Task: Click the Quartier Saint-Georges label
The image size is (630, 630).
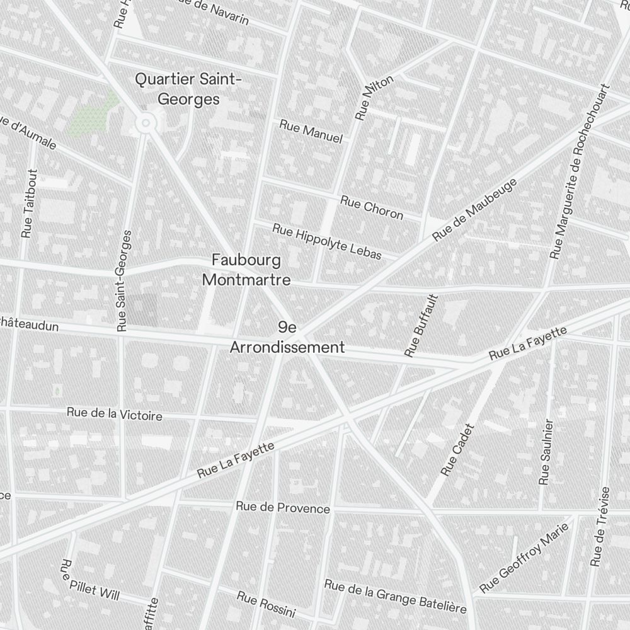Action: pos(188,89)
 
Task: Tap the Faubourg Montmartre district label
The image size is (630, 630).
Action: pos(246,270)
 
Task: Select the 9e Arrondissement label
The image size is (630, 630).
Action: pos(287,337)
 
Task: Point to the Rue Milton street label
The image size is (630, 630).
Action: pos(374,98)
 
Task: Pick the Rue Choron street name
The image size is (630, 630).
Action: pos(371,208)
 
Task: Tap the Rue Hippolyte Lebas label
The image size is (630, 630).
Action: pos(327,241)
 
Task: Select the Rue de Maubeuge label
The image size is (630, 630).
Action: pos(476,209)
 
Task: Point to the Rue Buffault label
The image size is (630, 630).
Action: pos(421,325)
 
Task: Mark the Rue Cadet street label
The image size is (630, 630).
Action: pos(457,449)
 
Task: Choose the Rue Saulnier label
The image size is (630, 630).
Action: pos(546,452)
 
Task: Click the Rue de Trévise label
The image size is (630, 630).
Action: pos(600,526)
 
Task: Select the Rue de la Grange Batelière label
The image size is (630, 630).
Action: pos(395,597)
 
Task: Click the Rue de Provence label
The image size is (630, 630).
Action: pos(283,507)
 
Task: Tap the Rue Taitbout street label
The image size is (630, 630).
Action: pos(28,203)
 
